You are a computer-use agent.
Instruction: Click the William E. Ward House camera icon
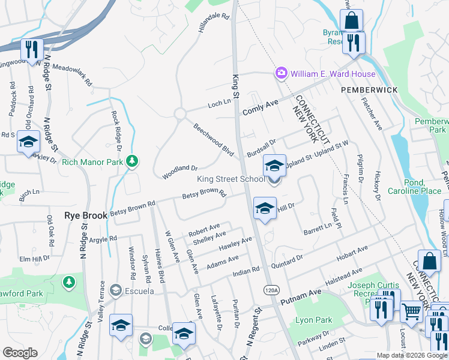point(281,74)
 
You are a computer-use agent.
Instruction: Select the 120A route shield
point(271,290)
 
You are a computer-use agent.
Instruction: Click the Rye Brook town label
point(86,215)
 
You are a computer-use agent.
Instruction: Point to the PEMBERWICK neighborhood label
point(370,89)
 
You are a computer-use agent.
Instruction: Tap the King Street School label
point(231,179)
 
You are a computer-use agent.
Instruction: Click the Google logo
point(20,353)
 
